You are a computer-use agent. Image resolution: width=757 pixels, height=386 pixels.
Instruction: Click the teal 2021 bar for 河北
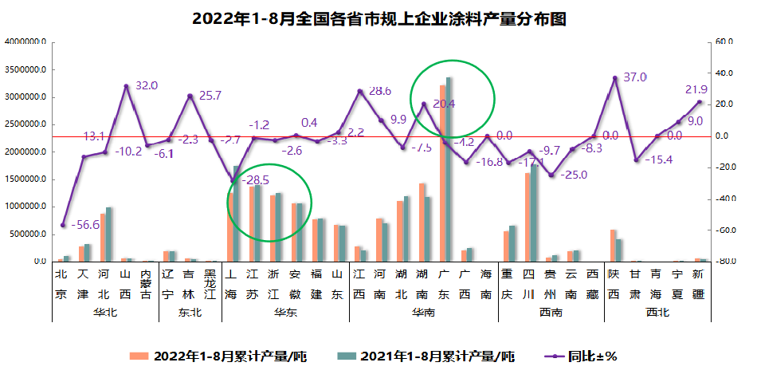pos(109,234)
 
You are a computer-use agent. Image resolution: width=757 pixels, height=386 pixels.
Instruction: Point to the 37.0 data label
pos(634,77)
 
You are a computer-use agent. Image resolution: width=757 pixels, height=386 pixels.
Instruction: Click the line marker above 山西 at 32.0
pos(126,86)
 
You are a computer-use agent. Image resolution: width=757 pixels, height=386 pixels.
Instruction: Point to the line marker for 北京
pos(63,226)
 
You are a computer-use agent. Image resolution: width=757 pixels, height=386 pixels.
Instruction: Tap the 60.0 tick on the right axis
pos(723,42)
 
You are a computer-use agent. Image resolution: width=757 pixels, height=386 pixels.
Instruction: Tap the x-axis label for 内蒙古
pos(147,283)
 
